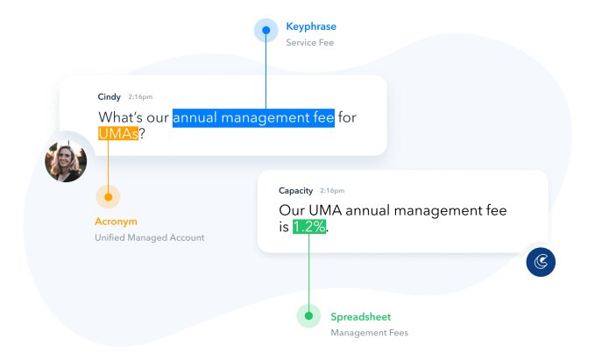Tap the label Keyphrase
click(x=310, y=27)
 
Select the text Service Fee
click(x=309, y=42)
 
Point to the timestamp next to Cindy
click(x=139, y=95)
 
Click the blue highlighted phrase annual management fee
click(x=253, y=117)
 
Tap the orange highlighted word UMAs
click(x=117, y=135)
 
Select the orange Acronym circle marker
click(x=108, y=195)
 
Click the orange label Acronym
click(x=116, y=222)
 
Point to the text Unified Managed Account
click(x=149, y=238)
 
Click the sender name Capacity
click(x=296, y=190)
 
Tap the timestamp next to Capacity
click(x=332, y=190)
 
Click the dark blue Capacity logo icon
click(x=540, y=262)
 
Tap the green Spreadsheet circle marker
click(x=308, y=316)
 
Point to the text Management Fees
click(x=369, y=333)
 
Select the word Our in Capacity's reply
click(x=293, y=210)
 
